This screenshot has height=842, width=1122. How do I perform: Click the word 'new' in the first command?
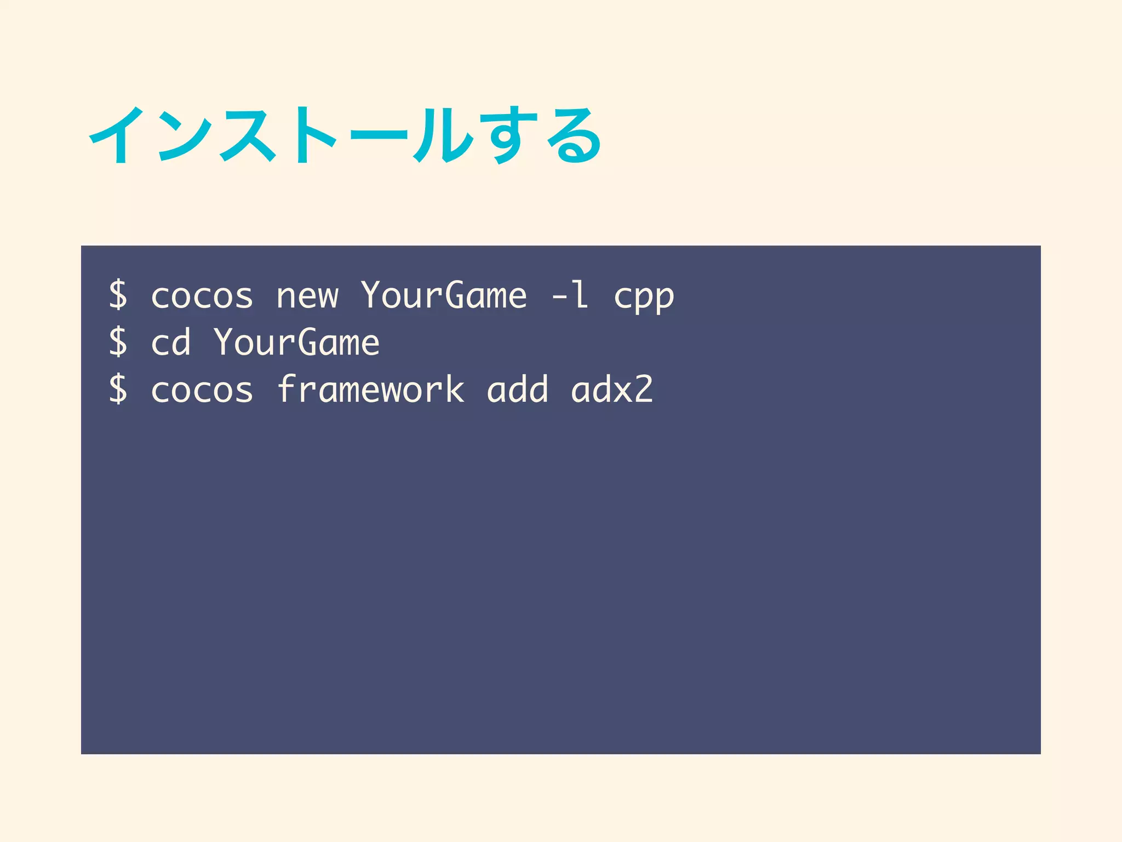tap(307, 297)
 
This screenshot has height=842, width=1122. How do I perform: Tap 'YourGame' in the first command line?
tap(444, 295)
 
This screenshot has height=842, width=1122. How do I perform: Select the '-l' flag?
tap(570, 295)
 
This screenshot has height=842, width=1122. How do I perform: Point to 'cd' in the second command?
tap(170, 343)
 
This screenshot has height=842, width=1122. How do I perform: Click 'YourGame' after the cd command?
tap(296, 343)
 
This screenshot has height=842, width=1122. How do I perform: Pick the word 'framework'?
tap(370, 389)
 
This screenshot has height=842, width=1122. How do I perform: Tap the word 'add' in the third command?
tap(517, 390)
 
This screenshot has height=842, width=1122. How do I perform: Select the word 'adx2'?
tap(612, 390)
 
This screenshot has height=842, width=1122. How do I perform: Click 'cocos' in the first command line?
tap(202, 297)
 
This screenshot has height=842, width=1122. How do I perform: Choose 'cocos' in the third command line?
tap(202, 390)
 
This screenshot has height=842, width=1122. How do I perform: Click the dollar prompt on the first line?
tap(118, 295)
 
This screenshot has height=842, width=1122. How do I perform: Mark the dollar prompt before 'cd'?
tap(118, 343)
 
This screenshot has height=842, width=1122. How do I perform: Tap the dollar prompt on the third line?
tap(118, 389)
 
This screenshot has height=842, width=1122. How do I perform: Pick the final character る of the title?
tap(574, 136)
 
